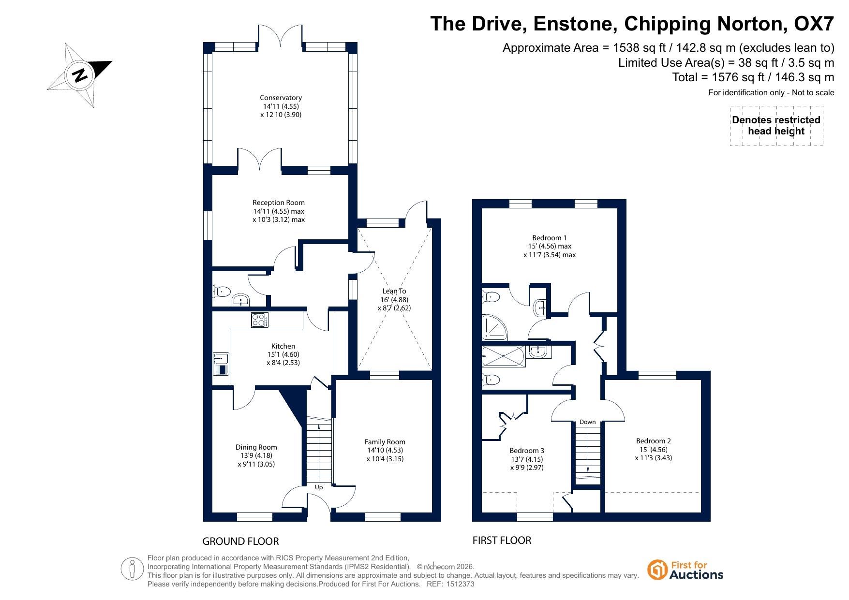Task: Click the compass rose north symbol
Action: pos(80,75)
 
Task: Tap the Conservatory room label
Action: pos(281,98)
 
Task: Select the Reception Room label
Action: pos(279,203)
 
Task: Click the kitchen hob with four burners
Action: pos(260,320)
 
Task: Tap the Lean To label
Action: pos(394,291)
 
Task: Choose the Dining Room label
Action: pos(256,447)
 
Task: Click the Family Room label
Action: pos(385,442)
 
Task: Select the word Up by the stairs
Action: pos(319,487)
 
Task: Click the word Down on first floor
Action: pos(588,422)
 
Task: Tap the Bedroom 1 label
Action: pos(550,238)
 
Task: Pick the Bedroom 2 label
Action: pos(654,441)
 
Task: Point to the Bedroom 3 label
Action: pos(527,451)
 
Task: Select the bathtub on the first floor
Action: pos(503,356)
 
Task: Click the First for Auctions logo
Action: pos(685,570)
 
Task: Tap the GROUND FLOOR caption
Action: pos(240,541)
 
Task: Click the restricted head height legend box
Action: pos(776,126)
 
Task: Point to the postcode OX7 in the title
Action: pos(815,24)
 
